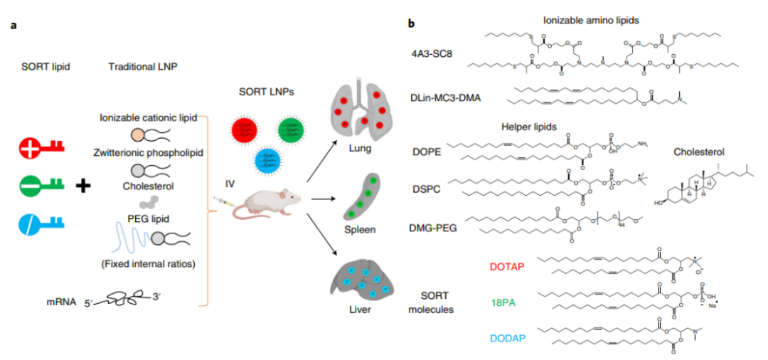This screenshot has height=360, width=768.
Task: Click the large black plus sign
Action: pyautogui.click(x=84, y=186)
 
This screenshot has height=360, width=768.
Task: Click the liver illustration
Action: pyautogui.click(x=363, y=286)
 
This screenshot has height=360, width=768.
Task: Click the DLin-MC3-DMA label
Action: pyautogui.click(x=444, y=97)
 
